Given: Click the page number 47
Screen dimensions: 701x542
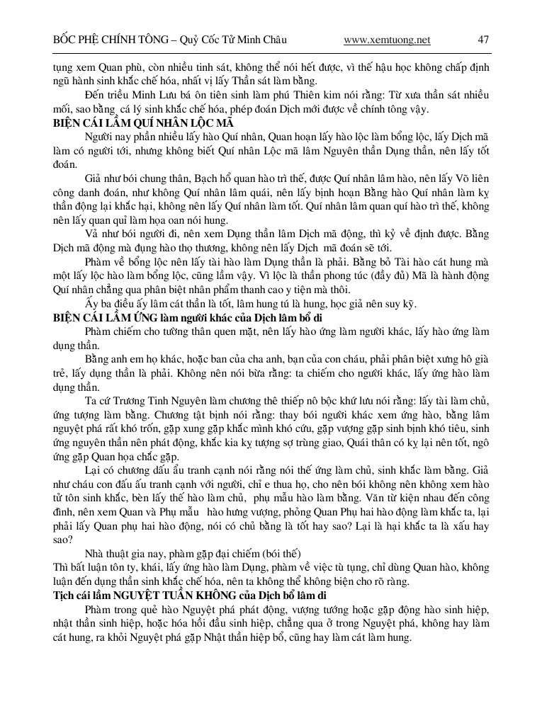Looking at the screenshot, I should [484, 40].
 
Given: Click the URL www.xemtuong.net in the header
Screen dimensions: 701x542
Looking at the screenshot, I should [386, 40].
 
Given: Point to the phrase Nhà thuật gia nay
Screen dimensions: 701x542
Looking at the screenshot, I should [122, 554].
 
